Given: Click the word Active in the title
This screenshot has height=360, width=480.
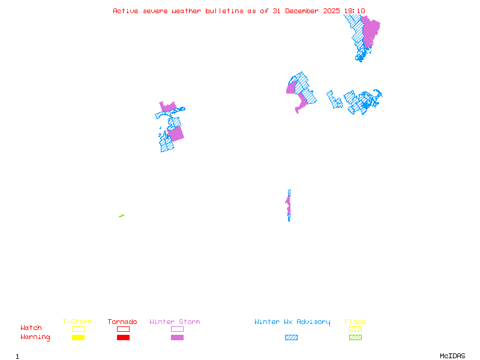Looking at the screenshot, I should click(125, 11).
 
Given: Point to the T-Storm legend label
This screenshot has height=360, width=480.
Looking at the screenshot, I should click(77, 322).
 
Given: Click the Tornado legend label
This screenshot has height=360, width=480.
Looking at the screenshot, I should click(122, 322).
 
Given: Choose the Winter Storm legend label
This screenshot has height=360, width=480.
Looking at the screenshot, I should click(175, 322).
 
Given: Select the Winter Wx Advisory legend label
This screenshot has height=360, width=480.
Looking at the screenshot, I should click(292, 322).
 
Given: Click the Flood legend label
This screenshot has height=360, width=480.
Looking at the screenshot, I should click(355, 322).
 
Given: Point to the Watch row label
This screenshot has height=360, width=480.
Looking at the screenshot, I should click(31, 328).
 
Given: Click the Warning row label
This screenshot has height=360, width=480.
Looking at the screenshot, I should click(35, 337).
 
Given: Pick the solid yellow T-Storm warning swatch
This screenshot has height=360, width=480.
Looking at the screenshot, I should click(78, 338).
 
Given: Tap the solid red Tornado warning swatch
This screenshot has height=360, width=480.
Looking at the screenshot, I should click(123, 338).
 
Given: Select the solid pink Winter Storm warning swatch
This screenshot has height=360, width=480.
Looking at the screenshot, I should click(177, 338).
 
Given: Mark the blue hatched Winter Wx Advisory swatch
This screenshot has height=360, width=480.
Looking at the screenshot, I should click(291, 338).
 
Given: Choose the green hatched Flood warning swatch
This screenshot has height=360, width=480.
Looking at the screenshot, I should click(355, 338).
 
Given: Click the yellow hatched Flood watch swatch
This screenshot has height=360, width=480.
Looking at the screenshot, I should click(355, 329).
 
